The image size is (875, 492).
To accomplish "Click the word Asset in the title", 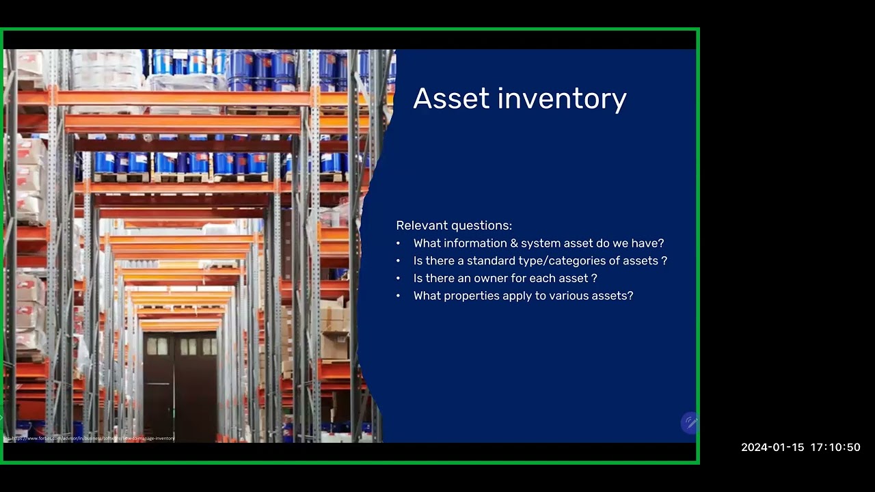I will point(451,98).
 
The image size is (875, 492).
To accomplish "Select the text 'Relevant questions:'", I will point(454,225).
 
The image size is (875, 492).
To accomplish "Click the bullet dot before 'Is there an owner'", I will point(399,279).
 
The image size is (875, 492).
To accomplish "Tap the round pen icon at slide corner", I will point(690,422).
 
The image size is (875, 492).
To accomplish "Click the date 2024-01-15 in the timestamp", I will point(772,448).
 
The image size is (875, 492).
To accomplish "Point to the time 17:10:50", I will point(835,448).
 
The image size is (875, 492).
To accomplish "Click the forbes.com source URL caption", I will point(90,438).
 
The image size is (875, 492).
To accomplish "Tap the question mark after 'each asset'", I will point(594,279).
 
